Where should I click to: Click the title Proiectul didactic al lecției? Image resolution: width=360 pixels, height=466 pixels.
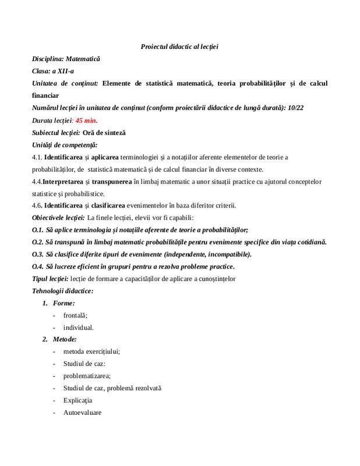tap(179, 47)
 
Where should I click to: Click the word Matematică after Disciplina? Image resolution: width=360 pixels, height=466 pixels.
tap(83, 59)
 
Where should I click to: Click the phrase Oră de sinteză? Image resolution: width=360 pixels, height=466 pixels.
tap(104, 132)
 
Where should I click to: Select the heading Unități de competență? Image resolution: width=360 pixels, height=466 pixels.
tap(65, 144)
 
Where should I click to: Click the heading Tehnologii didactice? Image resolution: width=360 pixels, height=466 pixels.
tap(62, 291)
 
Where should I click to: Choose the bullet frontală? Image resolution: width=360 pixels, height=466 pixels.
tap(75, 315)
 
